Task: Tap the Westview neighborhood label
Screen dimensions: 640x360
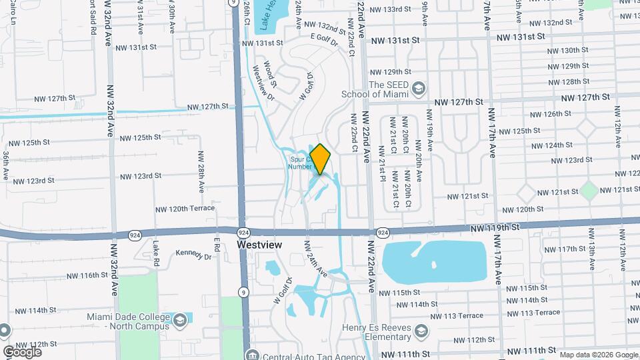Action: click(x=260, y=245)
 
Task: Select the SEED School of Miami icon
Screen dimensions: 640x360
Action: click(x=418, y=89)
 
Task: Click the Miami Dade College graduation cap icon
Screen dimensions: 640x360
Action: click(x=179, y=321)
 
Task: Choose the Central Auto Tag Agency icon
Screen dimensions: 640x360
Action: click(x=251, y=355)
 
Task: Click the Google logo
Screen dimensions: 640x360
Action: click(x=21, y=351)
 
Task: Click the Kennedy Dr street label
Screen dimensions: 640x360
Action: click(x=193, y=255)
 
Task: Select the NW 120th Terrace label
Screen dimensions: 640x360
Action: click(x=182, y=209)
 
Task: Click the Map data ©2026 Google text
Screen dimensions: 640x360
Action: click(x=598, y=354)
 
